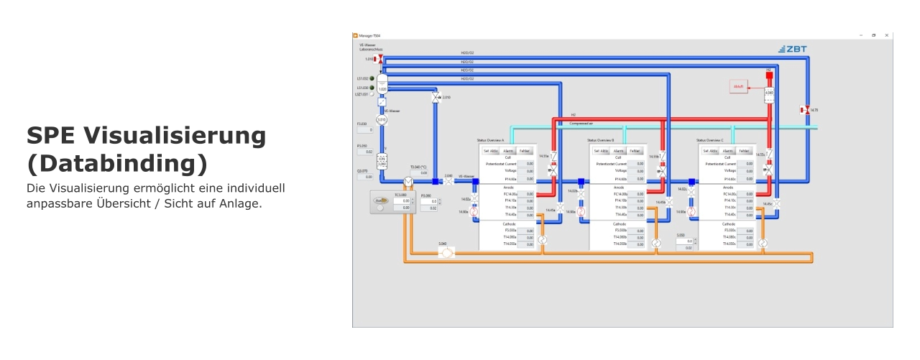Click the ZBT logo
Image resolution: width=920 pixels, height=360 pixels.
point(793,49)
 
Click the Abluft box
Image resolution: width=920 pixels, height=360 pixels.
point(739,87)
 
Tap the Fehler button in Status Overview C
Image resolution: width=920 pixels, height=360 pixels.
point(745,151)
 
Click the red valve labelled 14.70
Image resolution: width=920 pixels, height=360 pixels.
point(806,110)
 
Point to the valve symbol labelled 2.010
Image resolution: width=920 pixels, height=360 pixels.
point(436,98)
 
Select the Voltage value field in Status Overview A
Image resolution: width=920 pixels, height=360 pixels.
point(527,171)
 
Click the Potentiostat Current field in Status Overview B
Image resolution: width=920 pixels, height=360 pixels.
point(637,164)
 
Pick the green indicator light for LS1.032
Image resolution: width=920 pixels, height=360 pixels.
point(372,78)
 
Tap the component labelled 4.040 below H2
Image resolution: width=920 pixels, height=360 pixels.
point(769,93)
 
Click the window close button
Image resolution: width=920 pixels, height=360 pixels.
point(886,35)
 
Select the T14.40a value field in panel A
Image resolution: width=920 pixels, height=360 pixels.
point(527,215)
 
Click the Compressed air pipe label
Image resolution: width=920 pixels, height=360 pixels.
point(581,124)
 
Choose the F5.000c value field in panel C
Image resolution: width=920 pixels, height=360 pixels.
point(746,231)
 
